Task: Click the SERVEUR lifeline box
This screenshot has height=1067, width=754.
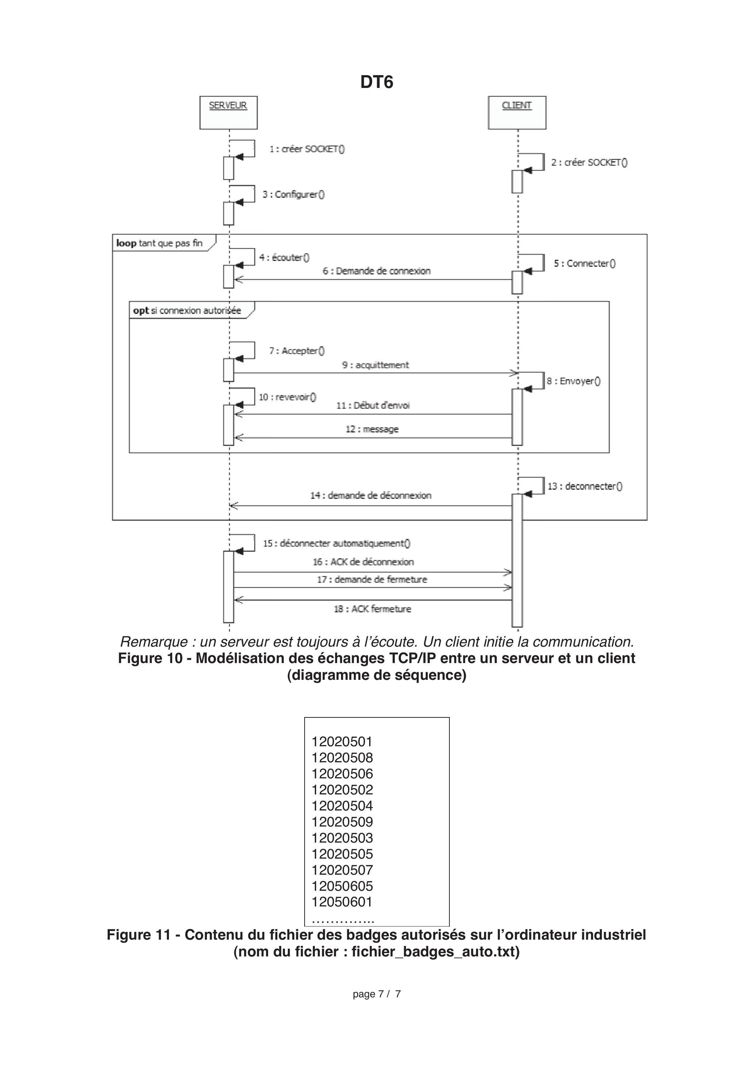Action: [228, 112]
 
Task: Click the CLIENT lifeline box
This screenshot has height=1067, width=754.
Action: [517, 112]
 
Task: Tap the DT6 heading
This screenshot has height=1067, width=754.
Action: [377, 82]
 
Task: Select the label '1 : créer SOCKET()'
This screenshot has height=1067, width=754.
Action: [307, 149]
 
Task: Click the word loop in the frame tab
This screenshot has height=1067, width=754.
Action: [126, 243]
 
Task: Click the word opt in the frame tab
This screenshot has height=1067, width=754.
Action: [141, 311]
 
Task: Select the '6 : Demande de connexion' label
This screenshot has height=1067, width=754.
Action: [376, 271]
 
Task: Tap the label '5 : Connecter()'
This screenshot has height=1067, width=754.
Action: [584, 263]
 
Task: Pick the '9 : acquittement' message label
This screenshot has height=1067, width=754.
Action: [375, 365]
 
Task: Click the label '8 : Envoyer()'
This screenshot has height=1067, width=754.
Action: [573, 381]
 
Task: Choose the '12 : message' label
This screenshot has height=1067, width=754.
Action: [372, 429]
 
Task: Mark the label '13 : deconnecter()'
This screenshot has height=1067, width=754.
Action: [585, 486]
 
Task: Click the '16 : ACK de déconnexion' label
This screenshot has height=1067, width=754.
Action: [363, 562]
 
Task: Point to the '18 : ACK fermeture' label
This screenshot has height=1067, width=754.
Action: [372, 609]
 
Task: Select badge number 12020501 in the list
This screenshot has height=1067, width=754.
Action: [342, 742]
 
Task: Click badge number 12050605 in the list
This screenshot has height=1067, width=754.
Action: [342, 886]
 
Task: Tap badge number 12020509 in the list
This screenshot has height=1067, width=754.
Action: [342, 822]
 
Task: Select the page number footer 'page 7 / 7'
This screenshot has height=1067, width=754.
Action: [376, 994]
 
